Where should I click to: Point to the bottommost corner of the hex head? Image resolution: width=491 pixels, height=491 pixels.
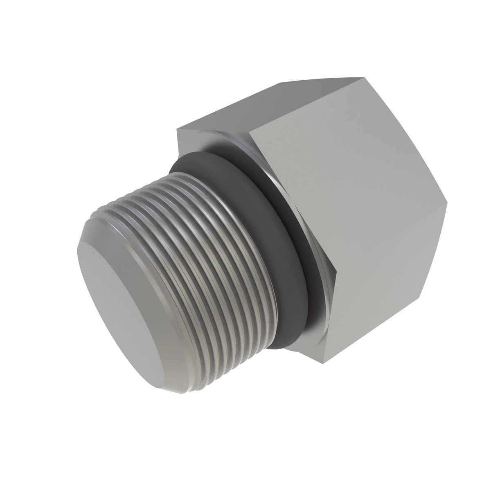(x=323, y=363)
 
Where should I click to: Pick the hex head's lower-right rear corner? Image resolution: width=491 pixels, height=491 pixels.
(x=423, y=296)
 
